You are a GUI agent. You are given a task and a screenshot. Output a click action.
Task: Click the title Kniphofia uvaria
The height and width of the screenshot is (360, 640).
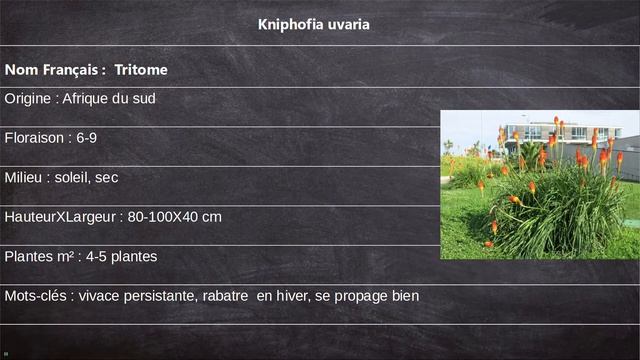tap(313, 24)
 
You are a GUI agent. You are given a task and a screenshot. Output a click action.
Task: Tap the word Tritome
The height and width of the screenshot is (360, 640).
tap(141, 71)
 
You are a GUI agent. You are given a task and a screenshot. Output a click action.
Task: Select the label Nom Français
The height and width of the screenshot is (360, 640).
tap(52, 71)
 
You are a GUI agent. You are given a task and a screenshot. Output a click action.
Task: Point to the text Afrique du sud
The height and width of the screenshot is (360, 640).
tap(109, 99)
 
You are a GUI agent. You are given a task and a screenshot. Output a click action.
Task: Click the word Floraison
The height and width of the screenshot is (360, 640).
tap(35, 137)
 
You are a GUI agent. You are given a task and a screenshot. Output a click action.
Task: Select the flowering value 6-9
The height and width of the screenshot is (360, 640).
tap(87, 137)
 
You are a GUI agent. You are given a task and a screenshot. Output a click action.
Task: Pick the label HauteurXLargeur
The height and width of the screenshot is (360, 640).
tap(59, 217)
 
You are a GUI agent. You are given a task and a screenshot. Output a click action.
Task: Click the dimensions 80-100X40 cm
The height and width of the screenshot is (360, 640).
tap(175, 217)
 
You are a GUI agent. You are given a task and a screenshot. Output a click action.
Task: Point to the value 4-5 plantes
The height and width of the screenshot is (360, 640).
tap(121, 257)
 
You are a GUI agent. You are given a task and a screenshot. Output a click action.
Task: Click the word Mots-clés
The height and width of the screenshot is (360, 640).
tap(36, 296)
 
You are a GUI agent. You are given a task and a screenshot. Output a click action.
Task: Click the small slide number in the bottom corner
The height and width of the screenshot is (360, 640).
tap(5, 353)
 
